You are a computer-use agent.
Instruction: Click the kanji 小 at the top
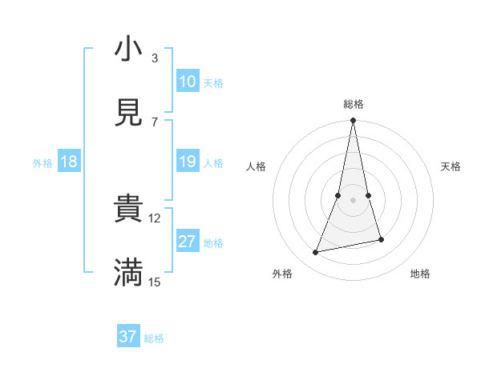128,50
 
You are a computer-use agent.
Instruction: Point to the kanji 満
128,273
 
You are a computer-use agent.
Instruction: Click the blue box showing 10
188,82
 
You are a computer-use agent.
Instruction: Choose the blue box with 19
188,162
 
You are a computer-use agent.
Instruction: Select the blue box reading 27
188,242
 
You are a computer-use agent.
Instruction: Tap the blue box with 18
69,162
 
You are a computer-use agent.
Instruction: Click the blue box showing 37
128,337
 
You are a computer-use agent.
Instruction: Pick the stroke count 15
156,282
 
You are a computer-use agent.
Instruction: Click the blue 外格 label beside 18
42,163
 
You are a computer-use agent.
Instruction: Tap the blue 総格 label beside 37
154,338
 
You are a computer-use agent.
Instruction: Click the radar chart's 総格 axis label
353,104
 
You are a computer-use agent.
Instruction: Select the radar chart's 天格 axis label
451,166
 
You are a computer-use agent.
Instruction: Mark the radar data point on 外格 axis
316,253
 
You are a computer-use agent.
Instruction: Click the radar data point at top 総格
353,121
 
